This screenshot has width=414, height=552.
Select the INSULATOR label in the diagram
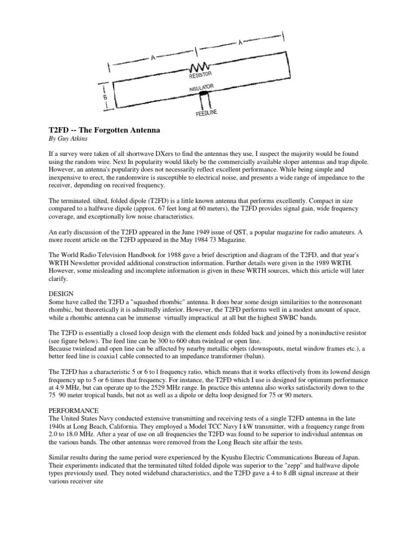pos(203,88)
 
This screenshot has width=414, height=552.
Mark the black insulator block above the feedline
pos(204,98)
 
